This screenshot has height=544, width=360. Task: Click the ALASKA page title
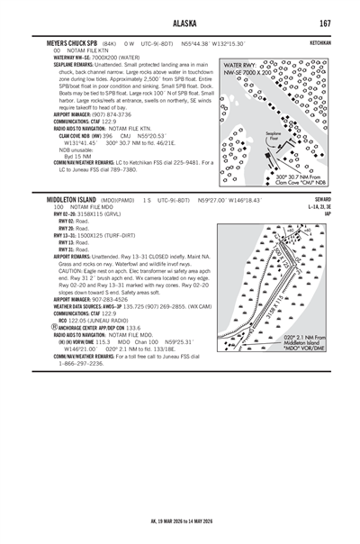(x=179, y=22)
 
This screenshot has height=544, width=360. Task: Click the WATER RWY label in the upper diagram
(x=240, y=66)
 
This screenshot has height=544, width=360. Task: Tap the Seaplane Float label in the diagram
(x=274, y=134)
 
